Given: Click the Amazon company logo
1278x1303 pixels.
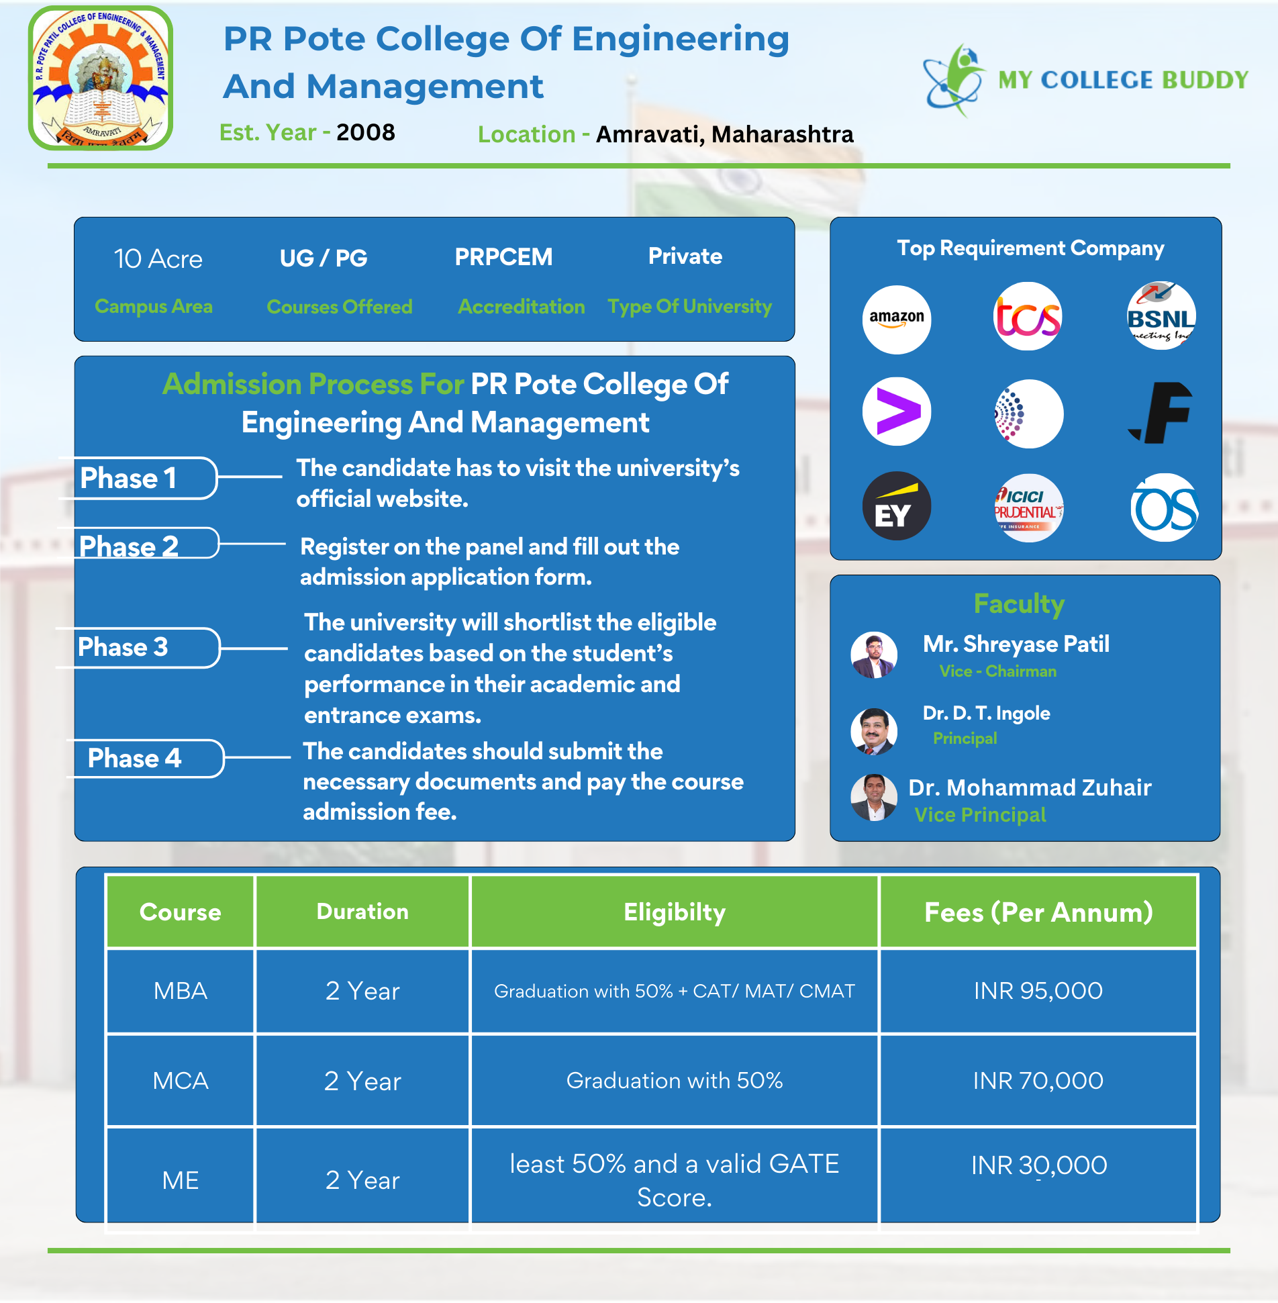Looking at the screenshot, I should point(896,319).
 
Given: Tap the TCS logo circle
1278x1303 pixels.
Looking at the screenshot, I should point(1028,317).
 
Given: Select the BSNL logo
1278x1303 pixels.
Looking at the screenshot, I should point(1161,316).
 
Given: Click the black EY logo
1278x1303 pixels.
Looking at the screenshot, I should point(896,506).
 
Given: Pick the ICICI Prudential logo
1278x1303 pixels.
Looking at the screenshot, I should point(1028,508).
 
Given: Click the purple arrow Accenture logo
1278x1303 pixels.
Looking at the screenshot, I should point(896,412).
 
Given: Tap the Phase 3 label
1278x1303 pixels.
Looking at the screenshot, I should point(124,647).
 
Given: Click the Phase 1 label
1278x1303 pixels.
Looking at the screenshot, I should point(128,479).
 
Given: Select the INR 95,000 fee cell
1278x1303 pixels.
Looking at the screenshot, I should point(1038,991).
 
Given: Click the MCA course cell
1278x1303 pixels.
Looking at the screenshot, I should point(181,1081).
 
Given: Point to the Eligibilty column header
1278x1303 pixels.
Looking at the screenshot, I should point(675,912).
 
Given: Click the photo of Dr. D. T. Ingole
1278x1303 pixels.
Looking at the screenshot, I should point(874,731).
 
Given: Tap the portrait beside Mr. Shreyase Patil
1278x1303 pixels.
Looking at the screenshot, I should point(874,655).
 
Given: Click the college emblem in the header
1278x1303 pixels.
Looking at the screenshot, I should point(101,79).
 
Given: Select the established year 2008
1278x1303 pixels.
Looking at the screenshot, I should point(366,133).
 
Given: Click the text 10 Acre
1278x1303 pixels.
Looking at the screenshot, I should point(158,259).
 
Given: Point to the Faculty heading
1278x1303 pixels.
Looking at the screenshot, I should point(1019,604).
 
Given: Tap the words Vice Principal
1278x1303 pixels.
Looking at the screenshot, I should point(980,815).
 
